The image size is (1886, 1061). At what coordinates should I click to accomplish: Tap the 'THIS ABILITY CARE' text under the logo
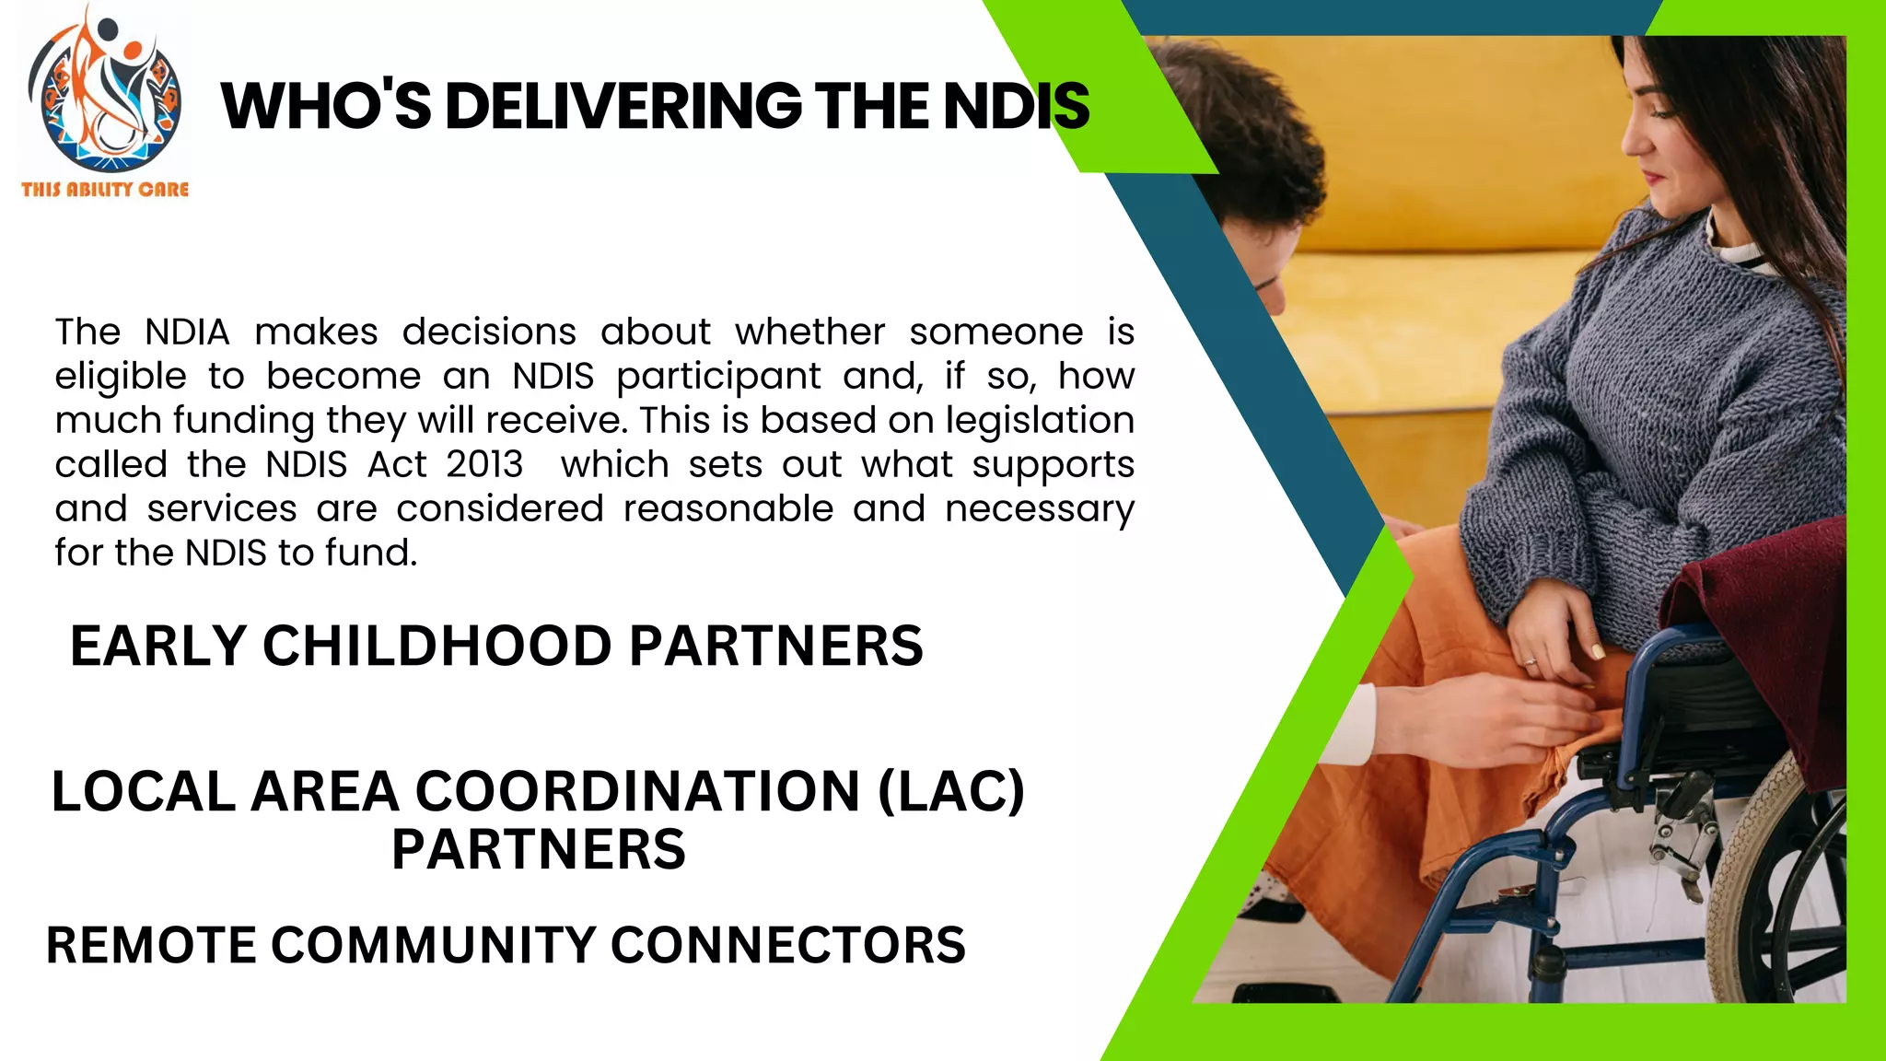105,190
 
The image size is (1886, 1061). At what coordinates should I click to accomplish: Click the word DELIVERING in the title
623,106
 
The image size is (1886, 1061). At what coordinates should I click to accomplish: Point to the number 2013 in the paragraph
484,464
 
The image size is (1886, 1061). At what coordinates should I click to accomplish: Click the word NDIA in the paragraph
187,332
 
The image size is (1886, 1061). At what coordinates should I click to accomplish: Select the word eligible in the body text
120,376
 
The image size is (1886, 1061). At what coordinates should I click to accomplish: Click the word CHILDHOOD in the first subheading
437,646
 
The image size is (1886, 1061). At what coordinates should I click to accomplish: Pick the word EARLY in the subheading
158,646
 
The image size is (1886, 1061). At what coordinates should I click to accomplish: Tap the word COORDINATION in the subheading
637,792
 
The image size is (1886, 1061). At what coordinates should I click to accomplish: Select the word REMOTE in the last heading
150,946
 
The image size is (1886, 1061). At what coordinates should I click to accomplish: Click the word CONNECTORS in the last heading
787,946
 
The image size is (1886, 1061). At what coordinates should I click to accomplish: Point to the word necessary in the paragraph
1040,508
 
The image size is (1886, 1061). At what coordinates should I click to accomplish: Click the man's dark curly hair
1252,138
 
